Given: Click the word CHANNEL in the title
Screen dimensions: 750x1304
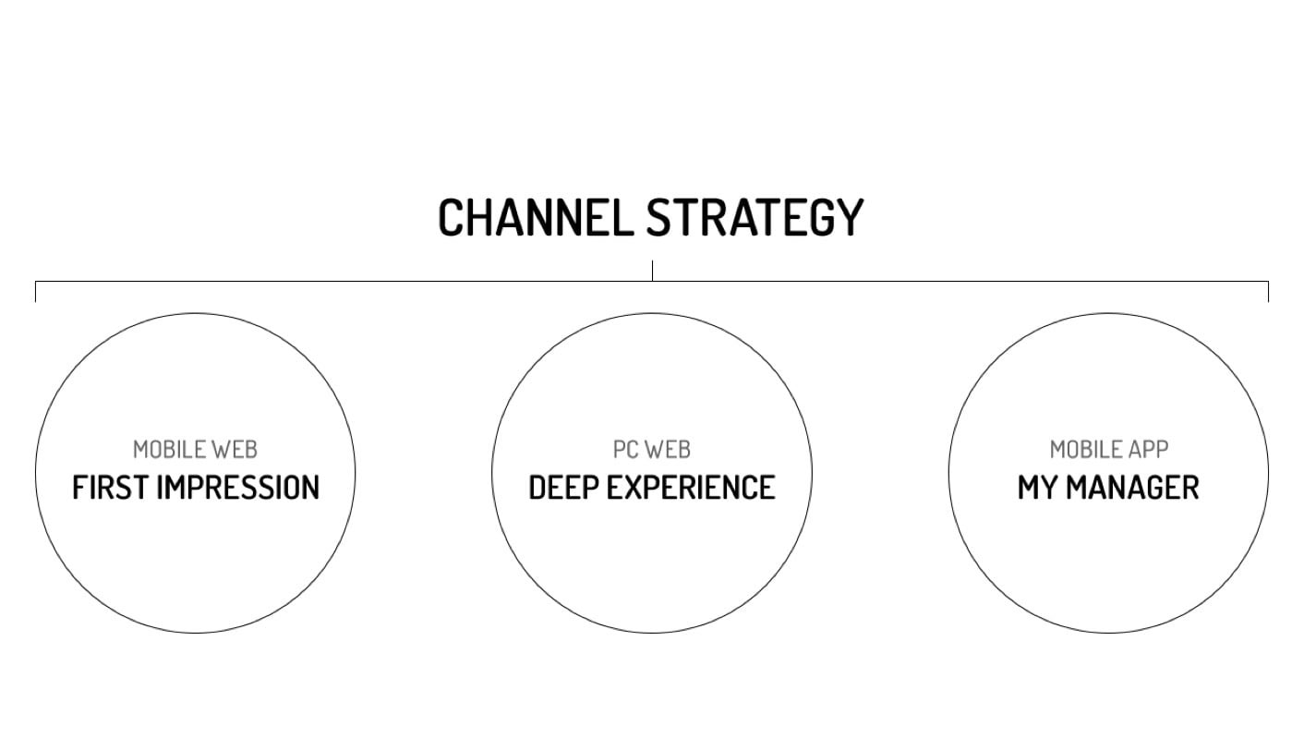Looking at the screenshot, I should pyautogui.click(x=535, y=218).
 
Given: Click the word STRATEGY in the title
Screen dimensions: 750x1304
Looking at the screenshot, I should pyautogui.click(x=755, y=218).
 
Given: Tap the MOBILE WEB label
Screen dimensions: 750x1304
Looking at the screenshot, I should pyautogui.click(x=195, y=450).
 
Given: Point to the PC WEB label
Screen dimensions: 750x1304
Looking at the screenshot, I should pyautogui.click(x=652, y=450).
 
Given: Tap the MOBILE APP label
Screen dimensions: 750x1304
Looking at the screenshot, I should pyautogui.click(x=1108, y=450).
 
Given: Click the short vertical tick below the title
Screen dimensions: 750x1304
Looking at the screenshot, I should pyautogui.click(x=652, y=271).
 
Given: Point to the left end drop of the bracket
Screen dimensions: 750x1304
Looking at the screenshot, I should pyautogui.click(x=35, y=291).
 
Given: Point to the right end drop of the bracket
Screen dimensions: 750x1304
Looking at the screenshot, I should pyautogui.click(x=1268, y=291).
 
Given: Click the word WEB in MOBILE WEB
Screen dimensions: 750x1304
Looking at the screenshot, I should pyautogui.click(x=234, y=450).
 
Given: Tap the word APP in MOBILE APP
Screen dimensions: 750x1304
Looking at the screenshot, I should pyautogui.click(x=1148, y=450).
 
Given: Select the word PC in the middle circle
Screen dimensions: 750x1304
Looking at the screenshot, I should pyautogui.click(x=626, y=450).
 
